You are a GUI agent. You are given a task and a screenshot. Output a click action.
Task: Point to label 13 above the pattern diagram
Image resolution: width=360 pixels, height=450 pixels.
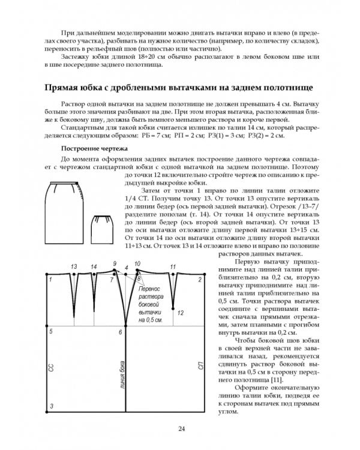click(x=74, y=266)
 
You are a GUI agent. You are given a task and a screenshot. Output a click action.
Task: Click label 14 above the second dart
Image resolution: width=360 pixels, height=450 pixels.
click(x=94, y=266)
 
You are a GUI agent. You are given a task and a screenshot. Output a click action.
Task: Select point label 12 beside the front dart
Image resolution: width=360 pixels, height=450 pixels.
click(x=181, y=313)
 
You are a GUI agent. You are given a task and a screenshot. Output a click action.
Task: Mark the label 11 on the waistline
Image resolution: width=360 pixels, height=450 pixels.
click(x=173, y=266)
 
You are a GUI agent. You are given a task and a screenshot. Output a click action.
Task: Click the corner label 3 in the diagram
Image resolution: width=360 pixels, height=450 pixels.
click(x=52, y=406)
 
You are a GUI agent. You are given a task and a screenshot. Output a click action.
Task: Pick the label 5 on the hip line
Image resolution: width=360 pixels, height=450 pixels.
click(x=52, y=331)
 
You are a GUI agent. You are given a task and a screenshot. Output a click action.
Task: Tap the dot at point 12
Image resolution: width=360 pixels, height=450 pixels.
click(x=173, y=310)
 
